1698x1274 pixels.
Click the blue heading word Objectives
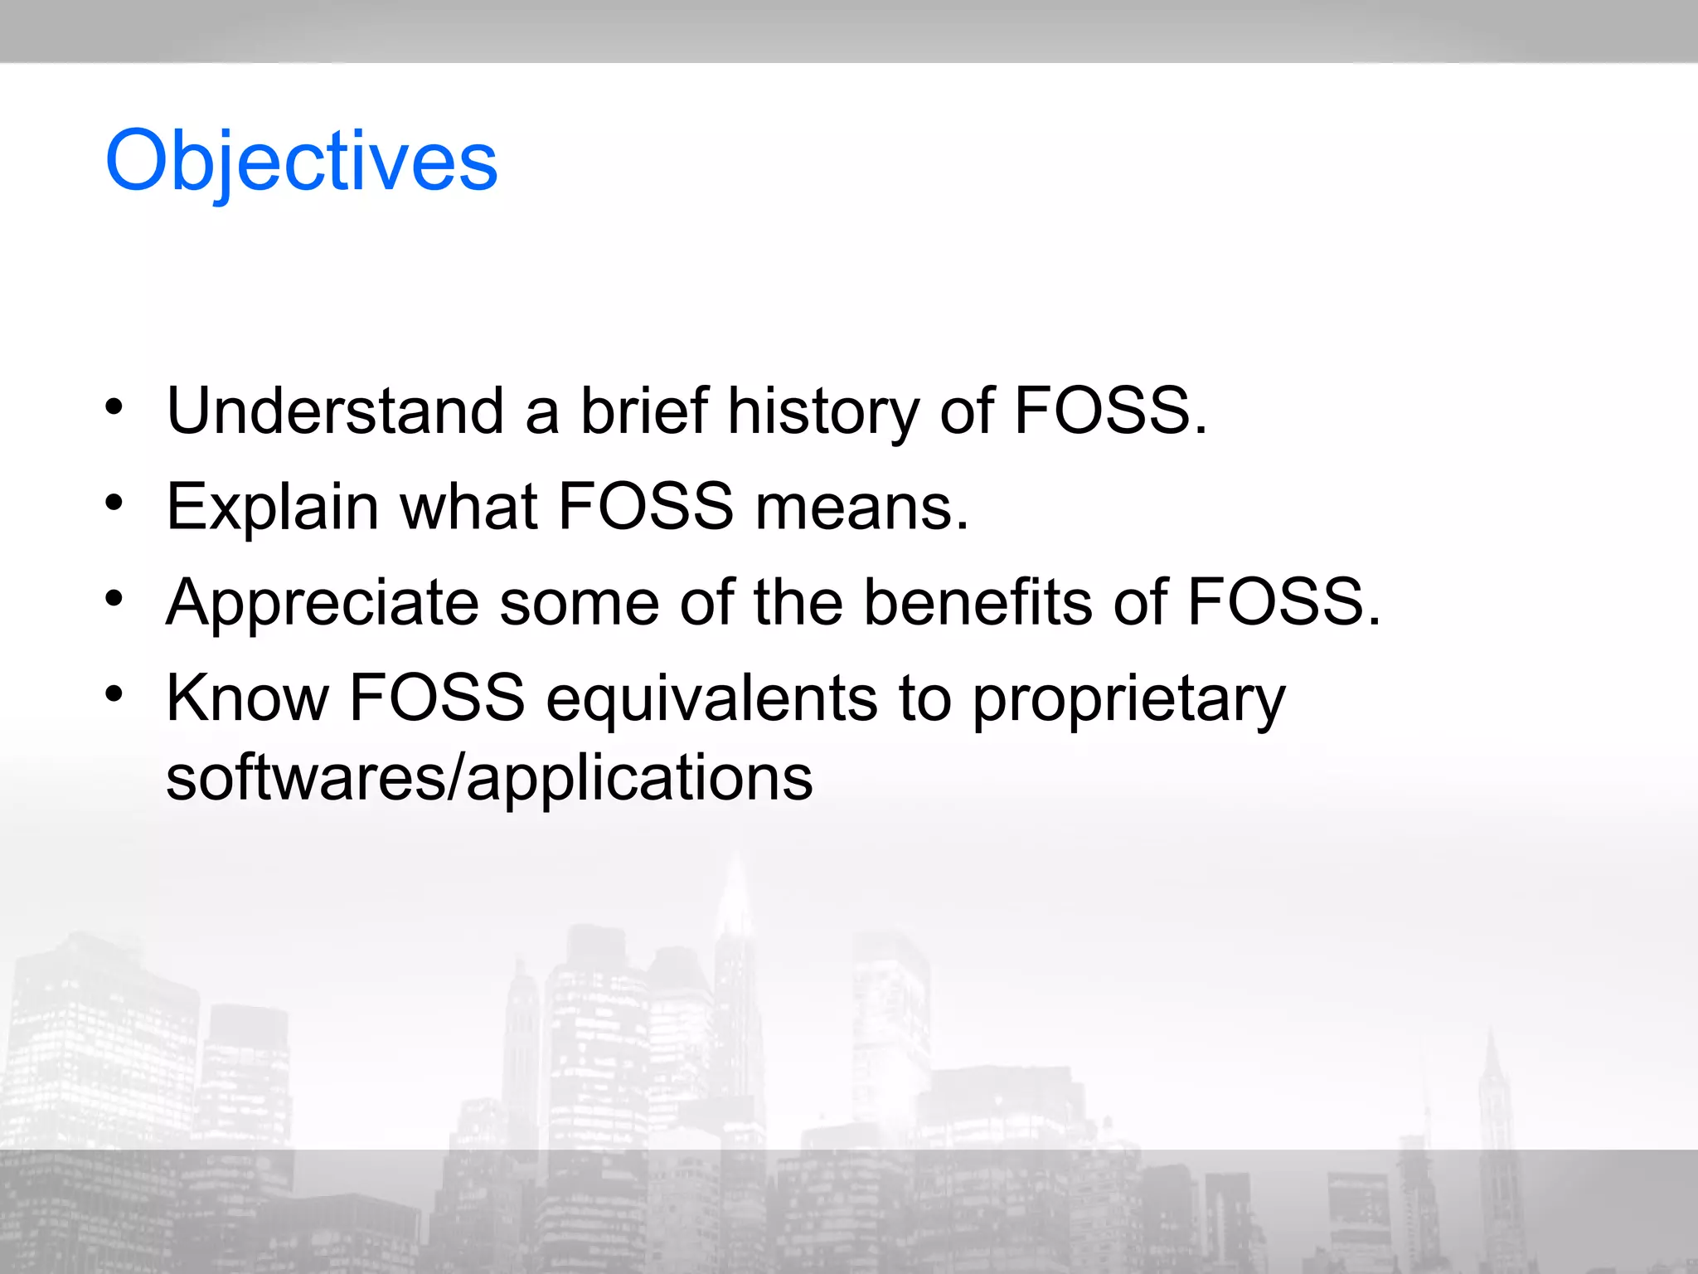point(301,162)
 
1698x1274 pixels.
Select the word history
point(822,412)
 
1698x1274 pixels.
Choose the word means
point(861,507)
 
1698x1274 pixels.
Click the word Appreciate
point(323,603)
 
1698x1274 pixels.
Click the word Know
point(248,698)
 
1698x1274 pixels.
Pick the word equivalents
point(711,698)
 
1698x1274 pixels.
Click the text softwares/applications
point(489,779)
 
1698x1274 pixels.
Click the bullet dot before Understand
point(114,407)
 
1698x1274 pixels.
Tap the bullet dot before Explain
point(114,503)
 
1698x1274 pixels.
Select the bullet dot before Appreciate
point(114,598)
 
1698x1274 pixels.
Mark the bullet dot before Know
point(114,693)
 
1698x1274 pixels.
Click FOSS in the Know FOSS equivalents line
point(437,698)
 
